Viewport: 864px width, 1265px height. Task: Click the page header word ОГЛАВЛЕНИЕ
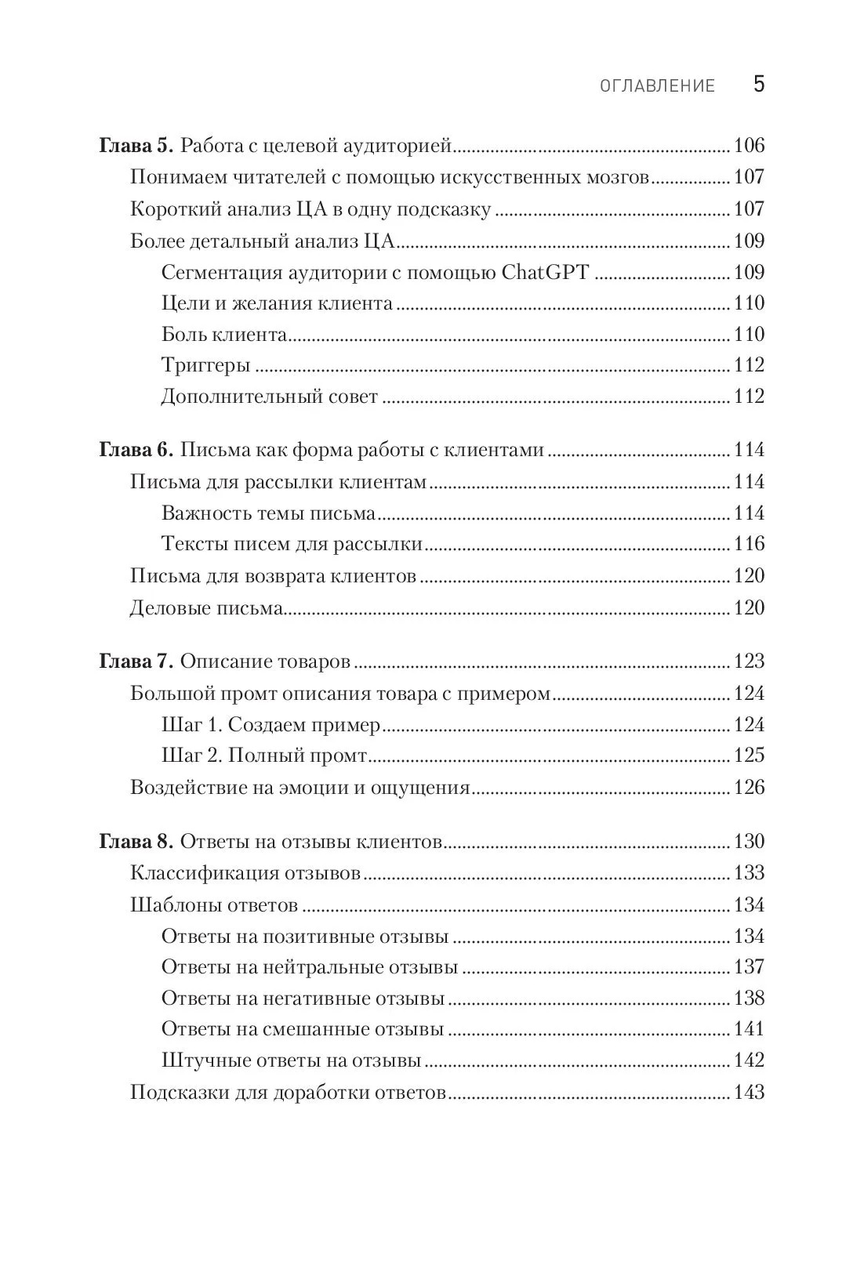click(657, 86)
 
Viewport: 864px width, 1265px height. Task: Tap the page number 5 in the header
click(758, 85)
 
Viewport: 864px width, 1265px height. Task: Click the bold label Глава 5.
click(136, 146)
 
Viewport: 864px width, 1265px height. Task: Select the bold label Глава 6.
click(136, 450)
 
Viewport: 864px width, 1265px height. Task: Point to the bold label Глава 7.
click(136, 661)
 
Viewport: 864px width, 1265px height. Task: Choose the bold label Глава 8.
click(136, 842)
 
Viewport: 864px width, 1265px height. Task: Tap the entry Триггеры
click(205, 365)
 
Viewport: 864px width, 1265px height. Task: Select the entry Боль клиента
click(224, 335)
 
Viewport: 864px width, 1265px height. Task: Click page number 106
click(749, 146)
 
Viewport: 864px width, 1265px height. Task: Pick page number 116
click(749, 544)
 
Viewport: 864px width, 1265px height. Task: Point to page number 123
click(749, 661)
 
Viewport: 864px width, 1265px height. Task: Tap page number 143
click(749, 1093)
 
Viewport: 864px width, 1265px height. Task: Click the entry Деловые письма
click(205, 607)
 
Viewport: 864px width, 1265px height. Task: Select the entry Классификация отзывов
click(245, 873)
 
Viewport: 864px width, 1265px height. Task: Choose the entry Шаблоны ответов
click(214, 905)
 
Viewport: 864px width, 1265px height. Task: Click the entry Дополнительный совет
click(270, 397)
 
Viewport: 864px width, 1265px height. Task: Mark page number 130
click(749, 842)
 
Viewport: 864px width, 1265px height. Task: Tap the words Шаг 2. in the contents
click(191, 756)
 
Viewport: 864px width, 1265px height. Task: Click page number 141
click(749, 1029)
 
